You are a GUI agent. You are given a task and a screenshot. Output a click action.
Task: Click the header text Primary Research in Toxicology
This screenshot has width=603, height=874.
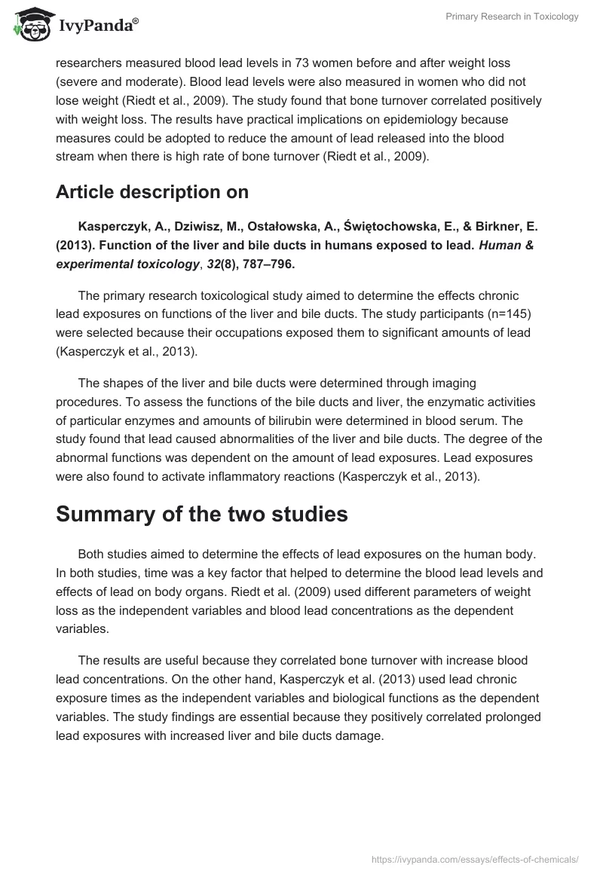pos(512,17)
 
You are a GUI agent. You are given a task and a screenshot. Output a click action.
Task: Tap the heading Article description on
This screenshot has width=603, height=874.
pos(152,192)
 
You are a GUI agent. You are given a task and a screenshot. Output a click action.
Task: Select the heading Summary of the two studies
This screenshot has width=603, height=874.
pos(202,514)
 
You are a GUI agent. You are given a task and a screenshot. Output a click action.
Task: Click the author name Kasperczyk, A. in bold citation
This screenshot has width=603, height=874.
pos(121,227)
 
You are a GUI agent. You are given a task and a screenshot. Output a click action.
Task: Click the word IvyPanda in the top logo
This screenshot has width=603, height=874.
pos(98,26)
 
